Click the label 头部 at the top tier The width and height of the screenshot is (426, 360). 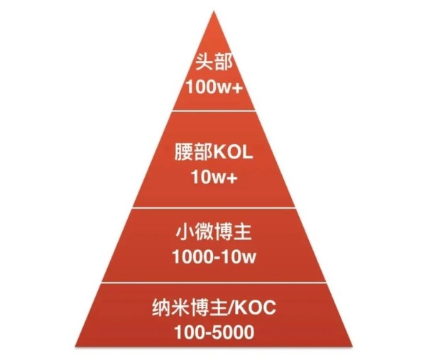[x=214, y=62]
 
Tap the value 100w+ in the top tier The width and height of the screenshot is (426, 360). [x=214, y=87]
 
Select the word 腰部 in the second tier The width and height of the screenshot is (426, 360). [x=193, y=152]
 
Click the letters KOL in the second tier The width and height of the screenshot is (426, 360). [x=233, y=153]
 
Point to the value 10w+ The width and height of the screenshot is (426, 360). [x=214, y=177]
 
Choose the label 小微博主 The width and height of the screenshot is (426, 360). [x=214, y=232]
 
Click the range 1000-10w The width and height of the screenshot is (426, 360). [x=214, y=257]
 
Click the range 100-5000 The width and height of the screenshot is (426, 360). [x=214, y=332]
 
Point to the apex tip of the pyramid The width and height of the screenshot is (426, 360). [x=214, y=11]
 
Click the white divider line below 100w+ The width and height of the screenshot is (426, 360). [x=214, y=111]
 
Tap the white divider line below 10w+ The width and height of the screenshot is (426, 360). [x=214, y=208]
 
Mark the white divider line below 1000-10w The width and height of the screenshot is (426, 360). [x=214, y=283]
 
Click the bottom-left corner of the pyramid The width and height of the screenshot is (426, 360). [x=75, y=346]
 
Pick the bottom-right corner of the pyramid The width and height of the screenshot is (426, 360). [x=352, y=346]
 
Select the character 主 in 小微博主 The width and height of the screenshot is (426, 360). [x=242, y=233]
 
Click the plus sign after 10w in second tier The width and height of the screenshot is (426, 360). [x=232, y=178]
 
